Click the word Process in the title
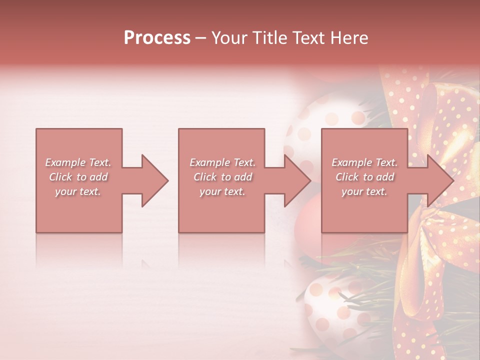157,37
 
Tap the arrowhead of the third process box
440,180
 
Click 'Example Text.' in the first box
78,162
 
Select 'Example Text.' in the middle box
222,162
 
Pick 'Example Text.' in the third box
364,162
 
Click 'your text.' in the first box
78,191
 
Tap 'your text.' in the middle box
222,191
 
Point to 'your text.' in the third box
364,191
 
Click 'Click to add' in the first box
78,177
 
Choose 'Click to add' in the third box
364,177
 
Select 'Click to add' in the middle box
222,177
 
